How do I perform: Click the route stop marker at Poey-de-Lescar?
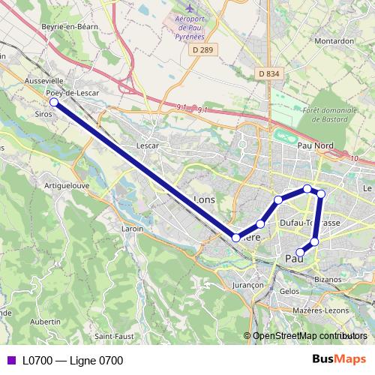coord(54,102)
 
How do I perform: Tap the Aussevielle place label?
coord(44,80)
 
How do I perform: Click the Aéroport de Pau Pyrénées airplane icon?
coord(189,9)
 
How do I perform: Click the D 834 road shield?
coord(268,73)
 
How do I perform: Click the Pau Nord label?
coord(315,145)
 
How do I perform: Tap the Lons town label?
coord(204,199)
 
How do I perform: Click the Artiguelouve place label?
coord(67,184)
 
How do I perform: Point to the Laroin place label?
coord(132,229)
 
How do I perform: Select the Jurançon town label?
coord(248,286)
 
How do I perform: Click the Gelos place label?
coord(289,291)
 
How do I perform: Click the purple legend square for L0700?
coord(10,361)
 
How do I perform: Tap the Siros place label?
coord(44,115)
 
